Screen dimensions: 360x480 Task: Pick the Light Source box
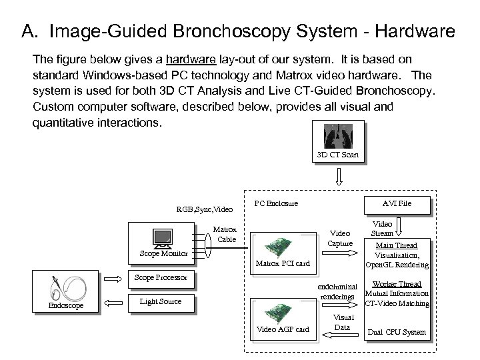pos(160,301)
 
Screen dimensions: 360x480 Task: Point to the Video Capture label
pos(341,238)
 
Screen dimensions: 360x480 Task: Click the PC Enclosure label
pos(276,203)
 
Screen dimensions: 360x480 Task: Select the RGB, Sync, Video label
pos(205,209)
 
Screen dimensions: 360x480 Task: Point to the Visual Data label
pos(343,322)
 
